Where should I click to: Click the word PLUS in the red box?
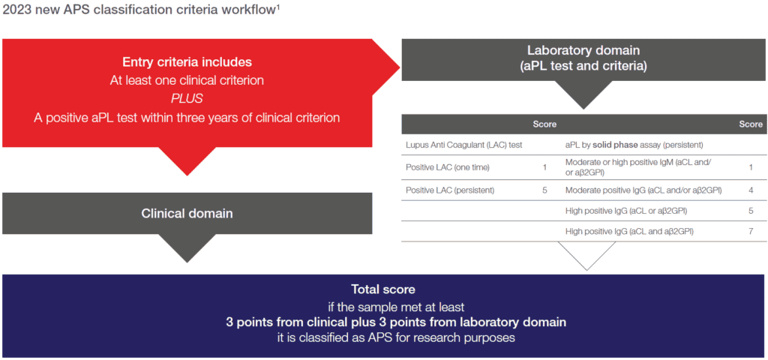(x=187, y=99)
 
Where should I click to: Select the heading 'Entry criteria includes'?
(x=187, y=62)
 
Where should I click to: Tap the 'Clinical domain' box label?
(x=187, y=214)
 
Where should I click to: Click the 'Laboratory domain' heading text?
(x=583, y=50)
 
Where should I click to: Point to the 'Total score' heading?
(x=383, y=289)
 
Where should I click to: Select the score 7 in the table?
(x=751, y=232)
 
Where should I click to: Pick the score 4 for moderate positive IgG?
(x=751, y=190)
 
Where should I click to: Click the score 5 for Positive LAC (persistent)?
(x=544, y=190)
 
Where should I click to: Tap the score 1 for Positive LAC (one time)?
(x=544, y=166)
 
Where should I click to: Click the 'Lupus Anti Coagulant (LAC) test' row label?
(x=463, y=144)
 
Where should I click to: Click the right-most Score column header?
(x=751, y=124)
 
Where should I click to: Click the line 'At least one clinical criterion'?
(x=187, y=80)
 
